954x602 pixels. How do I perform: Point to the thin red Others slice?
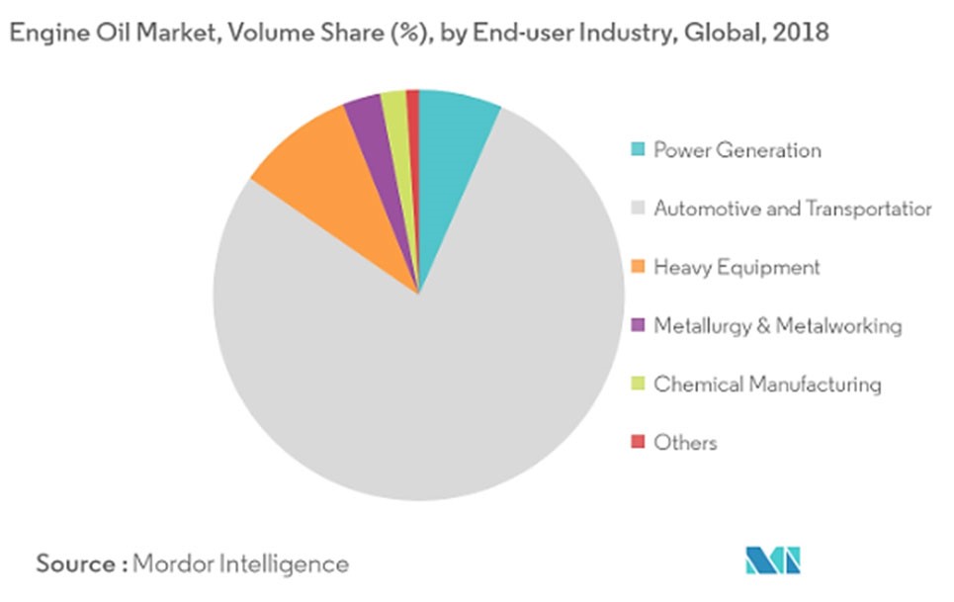pyautogui.click(x=414, y=129)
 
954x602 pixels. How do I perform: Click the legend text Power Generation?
pyautogui.click(x=737, y=150)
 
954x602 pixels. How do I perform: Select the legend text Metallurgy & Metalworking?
pyautogui.click(x=777, y=325)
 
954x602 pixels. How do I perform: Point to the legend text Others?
pyautogui.click(x=685, y=442)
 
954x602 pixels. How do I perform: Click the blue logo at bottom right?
pyautogui.click(x=772, y=560)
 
